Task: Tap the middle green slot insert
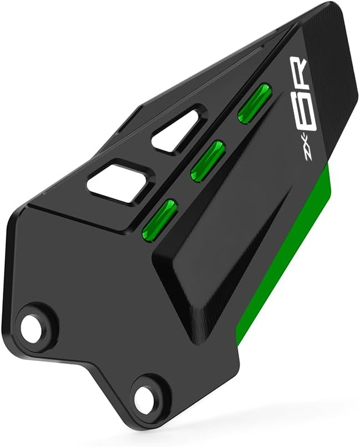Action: [207, 161]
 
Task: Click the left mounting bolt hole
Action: [31, 324]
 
